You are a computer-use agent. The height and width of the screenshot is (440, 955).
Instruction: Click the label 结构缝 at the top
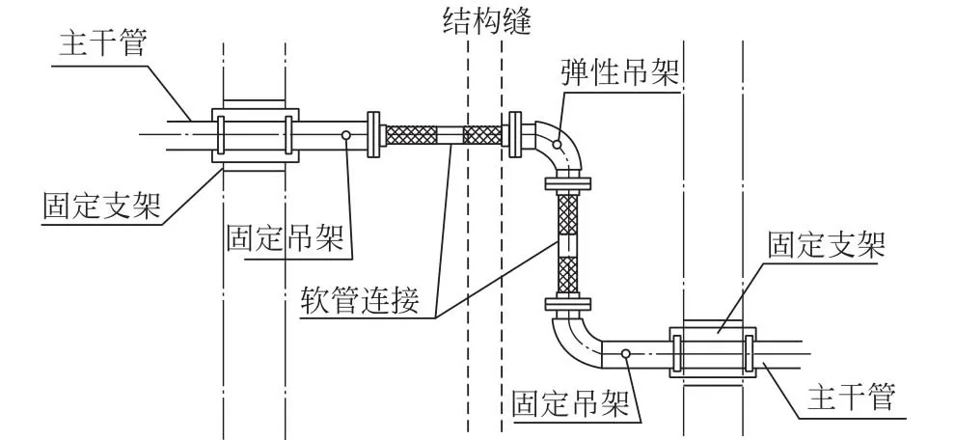click(x=486, y=20)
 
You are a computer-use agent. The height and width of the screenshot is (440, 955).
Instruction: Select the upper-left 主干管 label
click(x=103, y=44)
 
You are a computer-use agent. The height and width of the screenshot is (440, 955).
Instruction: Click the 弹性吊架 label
click(x=619, y=72)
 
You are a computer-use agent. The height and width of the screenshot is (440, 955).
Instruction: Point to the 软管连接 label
click(x=361, y=300)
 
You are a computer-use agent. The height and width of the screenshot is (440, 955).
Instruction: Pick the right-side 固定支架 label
click(x=827, y=245)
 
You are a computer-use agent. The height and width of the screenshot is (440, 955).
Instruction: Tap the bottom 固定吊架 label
click(x=571, y=403)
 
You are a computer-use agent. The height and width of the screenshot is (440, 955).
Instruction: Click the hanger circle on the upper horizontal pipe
click(x=345, y=135)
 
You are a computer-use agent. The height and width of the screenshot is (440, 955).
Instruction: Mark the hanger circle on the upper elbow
click(x=557, y=144)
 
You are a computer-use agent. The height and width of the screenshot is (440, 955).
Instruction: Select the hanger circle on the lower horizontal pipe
click(x=625, y=353)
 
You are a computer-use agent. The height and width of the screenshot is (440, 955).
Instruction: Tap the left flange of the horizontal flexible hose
click(x=373, y=135)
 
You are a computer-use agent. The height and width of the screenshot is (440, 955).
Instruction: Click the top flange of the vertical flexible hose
click(x=567, y=182)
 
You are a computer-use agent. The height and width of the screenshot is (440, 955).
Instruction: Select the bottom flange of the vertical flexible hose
click(x=567, y=304)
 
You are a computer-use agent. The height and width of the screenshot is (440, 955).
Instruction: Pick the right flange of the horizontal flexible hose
click(x=515, y=135)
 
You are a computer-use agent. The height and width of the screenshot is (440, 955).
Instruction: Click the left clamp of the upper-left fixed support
click(x=221, y=135)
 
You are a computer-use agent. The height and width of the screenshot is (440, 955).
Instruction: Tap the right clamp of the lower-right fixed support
click(x=750, y=353)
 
